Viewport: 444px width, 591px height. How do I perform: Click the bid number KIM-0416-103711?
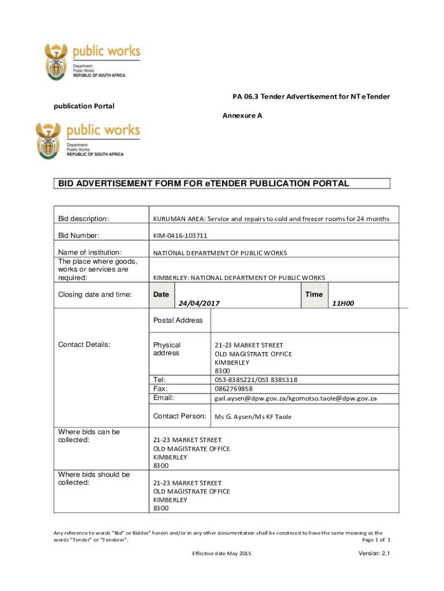pyautogui.click(x=180, y=235)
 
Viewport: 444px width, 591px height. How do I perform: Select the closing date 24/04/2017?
pyautogui.click(x=200, y=303)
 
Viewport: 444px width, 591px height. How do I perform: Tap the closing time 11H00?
pyautogui.click(x=343, y=303)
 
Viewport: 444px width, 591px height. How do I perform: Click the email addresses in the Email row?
pyautogui.click(x=295, y=398)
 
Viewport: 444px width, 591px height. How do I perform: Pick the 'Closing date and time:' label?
pyautogui.click(x=95, y=294)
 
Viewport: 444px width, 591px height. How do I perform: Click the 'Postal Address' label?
pyautogui.click(x=178, y=320)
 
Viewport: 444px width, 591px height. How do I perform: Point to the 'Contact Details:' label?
pyautogui.click(x=84, y=345)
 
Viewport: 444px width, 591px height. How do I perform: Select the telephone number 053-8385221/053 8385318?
pyautogui.click(x=256, y=379)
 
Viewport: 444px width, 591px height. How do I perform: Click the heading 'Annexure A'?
pyautogui.click(x=242, y=115)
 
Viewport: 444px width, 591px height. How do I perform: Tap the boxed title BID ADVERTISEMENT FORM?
pyautogui.click(x=203, y=184)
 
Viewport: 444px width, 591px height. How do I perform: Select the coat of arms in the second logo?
pyautogui.click(x=49, y=140)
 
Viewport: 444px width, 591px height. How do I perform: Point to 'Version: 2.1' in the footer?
pyautogui.click(x=374, y=553)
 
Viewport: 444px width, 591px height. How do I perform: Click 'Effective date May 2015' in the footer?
pyautogui.click(x=222, y=554)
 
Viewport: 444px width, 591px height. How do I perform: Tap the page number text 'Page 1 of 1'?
pyautogui.click(x=376, y=540)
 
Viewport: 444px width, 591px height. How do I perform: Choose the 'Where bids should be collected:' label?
pyautogui.click(x=94, y=478)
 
